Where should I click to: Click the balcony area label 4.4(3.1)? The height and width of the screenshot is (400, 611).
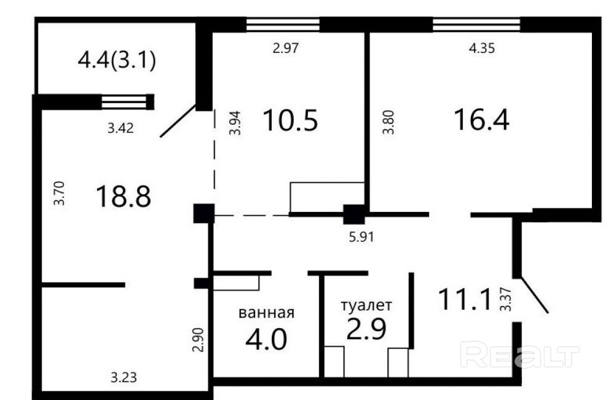[x=117, y=60]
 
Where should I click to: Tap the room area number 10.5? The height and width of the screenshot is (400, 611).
[x=290, y=120]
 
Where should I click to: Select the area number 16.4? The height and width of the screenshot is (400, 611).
[x=482, y=120]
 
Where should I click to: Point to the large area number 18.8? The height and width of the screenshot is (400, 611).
[x=124, y=196]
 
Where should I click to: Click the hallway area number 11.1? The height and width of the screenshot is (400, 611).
[x=464, y=299]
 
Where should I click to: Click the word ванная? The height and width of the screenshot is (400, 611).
[x=267, y=312]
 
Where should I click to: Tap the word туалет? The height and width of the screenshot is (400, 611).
[x=366, y=305]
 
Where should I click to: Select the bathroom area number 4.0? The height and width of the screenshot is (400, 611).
[x=266, y=339]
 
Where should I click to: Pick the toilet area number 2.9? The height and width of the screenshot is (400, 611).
[x=366, y=329]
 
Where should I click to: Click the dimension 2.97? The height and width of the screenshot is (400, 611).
[x=286, y=48]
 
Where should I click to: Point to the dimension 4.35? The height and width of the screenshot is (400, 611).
[x=482, y=48]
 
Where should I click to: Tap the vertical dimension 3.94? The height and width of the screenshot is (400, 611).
[x=235, y=123]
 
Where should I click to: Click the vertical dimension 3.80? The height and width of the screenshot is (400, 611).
[x=388, y=122]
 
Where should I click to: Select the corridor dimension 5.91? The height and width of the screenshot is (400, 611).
[x=361, y=237]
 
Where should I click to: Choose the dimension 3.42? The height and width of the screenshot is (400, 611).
[x=121, y=128]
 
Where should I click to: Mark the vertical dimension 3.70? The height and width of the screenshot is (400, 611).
[x=59, y=193]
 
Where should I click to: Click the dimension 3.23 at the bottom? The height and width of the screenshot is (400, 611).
[x=124, y=377]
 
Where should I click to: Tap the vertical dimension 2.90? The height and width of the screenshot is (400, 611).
[x=198, y=340]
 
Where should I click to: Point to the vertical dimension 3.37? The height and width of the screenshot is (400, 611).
[x=506, y=299]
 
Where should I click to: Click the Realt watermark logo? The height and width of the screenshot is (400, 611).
[x=520, y=354]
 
